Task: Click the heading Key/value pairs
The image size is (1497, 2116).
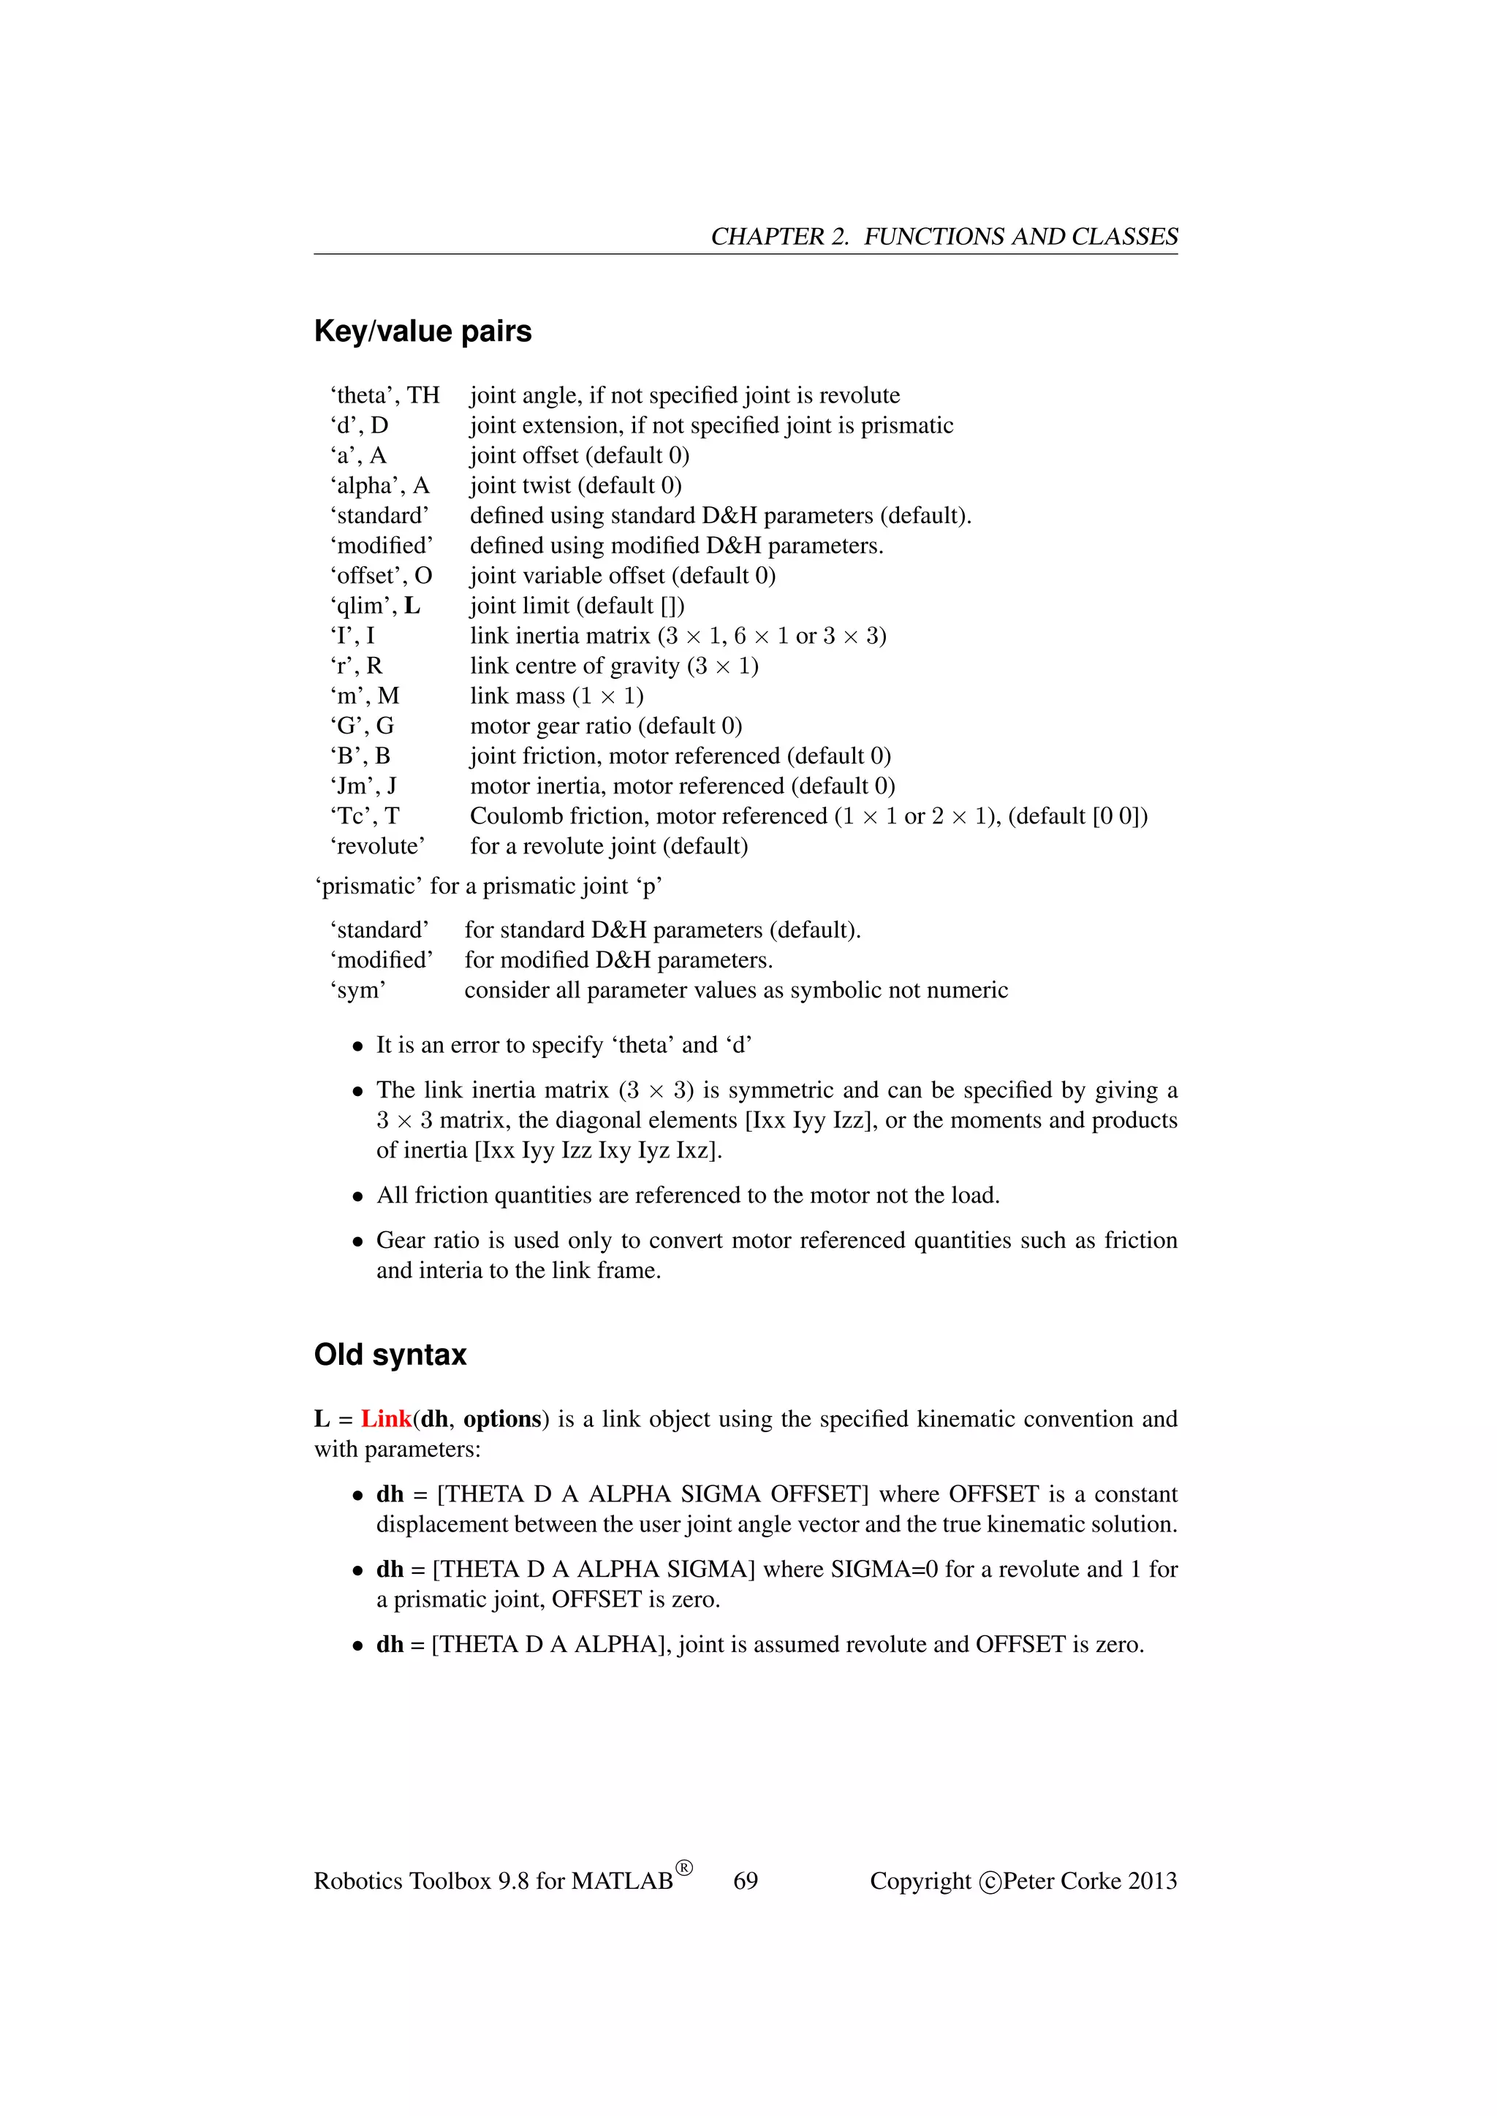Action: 422,331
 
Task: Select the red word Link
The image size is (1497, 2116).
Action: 386,1418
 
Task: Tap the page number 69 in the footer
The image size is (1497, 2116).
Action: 745,1881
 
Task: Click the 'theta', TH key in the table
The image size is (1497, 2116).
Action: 384,395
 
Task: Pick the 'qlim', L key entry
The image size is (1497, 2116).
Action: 374,606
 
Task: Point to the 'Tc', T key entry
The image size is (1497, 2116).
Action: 364,815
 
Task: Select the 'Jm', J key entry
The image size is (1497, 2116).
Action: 363,786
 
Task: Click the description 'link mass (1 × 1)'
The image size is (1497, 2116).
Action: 557,696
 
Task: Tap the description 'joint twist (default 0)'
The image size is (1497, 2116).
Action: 575,486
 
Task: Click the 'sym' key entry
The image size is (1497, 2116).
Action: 357,990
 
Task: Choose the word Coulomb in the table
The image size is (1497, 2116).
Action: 512,815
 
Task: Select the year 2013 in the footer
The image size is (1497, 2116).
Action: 1151,1881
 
